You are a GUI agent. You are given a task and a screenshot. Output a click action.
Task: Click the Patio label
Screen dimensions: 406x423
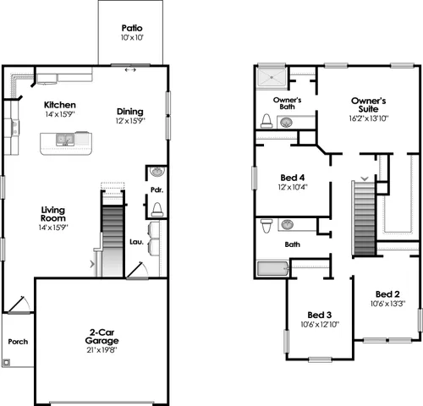132,27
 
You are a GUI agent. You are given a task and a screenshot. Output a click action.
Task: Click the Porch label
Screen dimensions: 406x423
18,342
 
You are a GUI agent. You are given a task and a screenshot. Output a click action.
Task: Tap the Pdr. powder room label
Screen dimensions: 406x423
157,189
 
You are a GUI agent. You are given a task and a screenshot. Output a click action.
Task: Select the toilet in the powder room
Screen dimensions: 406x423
157,209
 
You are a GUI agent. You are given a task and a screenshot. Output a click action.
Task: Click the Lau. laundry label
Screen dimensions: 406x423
135,240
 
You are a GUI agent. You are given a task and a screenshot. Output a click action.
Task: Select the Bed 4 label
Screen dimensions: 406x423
292,178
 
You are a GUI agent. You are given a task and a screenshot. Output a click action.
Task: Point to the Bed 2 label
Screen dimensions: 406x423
388,294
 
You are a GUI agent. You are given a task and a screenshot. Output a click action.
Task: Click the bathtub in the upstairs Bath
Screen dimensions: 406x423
272,270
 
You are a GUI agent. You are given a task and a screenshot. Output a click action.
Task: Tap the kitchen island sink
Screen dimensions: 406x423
63,138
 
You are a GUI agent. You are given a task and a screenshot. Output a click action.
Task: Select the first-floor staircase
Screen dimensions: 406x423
113,237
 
